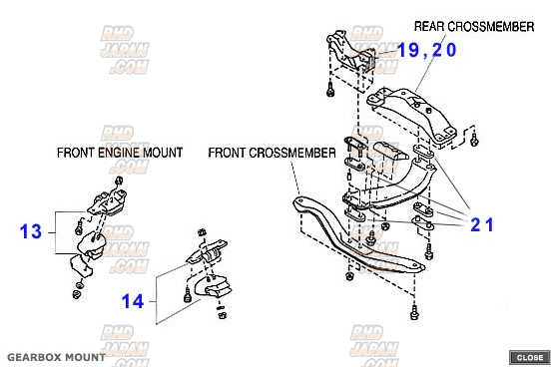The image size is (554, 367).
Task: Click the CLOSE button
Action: [x=530, y=357]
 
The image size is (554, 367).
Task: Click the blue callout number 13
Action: [x=31, y=231]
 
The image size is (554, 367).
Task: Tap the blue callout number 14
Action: [x=133, y=301]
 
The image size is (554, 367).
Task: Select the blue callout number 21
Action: [x=482, y=224]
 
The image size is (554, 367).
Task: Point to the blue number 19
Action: [x=408, y=50]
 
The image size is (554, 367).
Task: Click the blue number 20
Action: [x=444, y=50]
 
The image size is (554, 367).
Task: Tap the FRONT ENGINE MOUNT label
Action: [x=120, y=153]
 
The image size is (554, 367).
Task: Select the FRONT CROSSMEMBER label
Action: [x=272, y=153]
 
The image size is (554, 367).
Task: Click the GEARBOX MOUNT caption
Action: [x=56, y=357]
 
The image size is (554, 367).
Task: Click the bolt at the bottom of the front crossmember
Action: [x=414, y=312]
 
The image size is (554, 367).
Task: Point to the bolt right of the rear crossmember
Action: [x=474, y=140]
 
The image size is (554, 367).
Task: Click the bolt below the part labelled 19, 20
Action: [x=330, y=89]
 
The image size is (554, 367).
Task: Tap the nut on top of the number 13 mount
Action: [x=119, y=181]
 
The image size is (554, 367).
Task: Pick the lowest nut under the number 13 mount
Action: [x=77, y=294]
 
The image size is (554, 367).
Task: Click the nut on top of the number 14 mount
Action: [x=201, y=233]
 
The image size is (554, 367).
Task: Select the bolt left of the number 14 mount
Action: [x=188, y=295]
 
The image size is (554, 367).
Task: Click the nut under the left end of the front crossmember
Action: [x=349, y=275]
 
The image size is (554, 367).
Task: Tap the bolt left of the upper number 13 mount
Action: [x=79, y=227]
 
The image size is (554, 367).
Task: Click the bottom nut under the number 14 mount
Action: [x=223, y=315]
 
